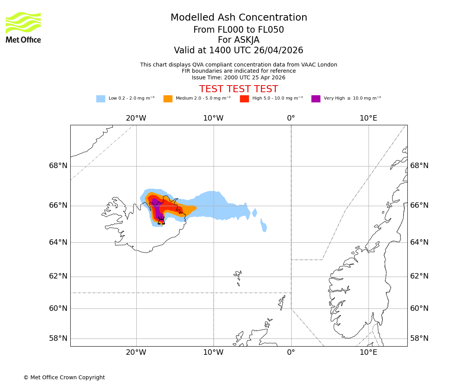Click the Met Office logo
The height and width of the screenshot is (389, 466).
pyautogui.click(x=23, y=27)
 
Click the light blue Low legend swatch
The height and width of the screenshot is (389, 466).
pyautogui.click(x=101, y=99)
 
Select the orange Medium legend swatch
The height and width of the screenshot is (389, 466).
pyautogui.click(x=168, y=99)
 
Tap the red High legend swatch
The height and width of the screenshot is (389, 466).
pyautogui.click(x=244, y=99)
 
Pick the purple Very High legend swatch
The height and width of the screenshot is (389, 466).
pyautogui.click(x=316, y=99)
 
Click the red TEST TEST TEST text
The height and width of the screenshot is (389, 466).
pyautogui.click(x=238, y=89)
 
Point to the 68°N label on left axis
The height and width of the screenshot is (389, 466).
pyautogui.click(x=58, y=166)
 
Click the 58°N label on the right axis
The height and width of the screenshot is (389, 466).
pyautogui.click(x=419, y=338)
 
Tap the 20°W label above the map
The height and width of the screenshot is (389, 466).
pyautogui.click(x=136, y=118)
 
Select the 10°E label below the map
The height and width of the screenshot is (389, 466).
pyautogui.click(x=368, y=352)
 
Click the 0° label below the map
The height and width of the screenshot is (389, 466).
pyautogui.click(x=291, y=352)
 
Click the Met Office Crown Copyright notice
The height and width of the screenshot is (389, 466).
pyautogui.click(x=64, y=378)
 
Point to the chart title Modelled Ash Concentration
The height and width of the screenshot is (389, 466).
pyautogui.click(x=238, y=18)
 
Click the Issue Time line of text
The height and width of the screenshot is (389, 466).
pyautogui.click(x=238, y=77)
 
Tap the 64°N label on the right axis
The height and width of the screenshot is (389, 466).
pyautogui.click(x=419, y=242)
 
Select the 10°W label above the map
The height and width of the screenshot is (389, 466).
pyautogui.click(x=213, y=118)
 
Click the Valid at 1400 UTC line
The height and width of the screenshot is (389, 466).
pyautogui.click(x=238, y=51)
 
